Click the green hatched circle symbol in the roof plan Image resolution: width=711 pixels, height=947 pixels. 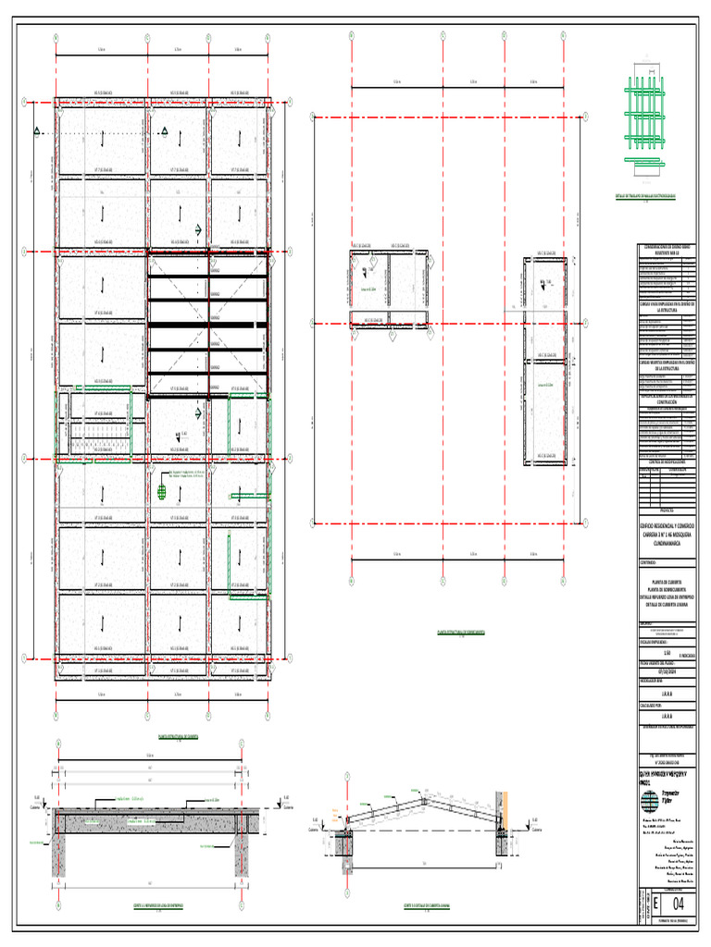coord(163,492)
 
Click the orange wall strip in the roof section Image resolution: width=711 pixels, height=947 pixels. coord(504,805)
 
